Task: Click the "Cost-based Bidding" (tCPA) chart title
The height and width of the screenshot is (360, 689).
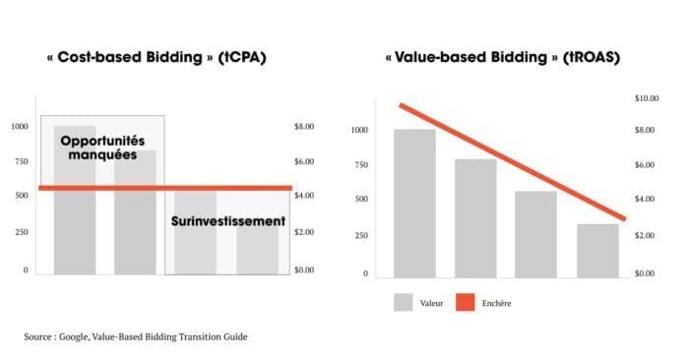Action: pyautogui.click(x=157, y=57)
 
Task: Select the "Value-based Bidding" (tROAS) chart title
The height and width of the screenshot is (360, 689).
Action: pyautogui.click(x=502, y=57)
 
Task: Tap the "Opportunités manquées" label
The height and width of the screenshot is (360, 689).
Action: pyautogui.click(x=102, y=148)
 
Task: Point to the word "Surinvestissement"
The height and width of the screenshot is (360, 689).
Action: pyautogui.click(x=228, y=221)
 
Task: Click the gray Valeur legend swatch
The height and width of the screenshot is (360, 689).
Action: pyautogui.click(x=403, y=303)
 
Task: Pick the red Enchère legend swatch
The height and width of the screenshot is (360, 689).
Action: pyautogui.click(x=466, y=303)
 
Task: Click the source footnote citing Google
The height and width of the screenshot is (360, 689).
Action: pyautogui.click(x=136, y=336)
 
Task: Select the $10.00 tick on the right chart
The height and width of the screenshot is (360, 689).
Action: pyautogui.click(x=647, y=98)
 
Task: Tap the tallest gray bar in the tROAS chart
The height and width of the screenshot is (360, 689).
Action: pyautogui.click(x=414, y=204)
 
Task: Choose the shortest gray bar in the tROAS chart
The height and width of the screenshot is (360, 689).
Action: pyautogui.click(x=597, y=251)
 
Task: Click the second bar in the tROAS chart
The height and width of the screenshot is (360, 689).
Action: pyautogui.click(x=475, y=218)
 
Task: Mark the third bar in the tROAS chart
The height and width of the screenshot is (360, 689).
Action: pyautogui.click(x=535, y=234)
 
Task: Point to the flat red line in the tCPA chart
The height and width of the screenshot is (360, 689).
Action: pyautogui.click(x=165, y=188)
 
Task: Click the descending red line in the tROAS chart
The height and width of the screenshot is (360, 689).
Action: pyautogui.click(x=513, y=162)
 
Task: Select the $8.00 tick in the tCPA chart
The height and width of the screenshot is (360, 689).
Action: pyautogui.click(x=304, y=127)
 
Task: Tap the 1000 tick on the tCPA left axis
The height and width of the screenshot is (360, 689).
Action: pyautogui.click(x=20, y=127)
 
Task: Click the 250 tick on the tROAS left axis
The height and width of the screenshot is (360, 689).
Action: pyautogui.click(x=361, y=235)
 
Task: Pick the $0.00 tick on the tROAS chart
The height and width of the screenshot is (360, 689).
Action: pyautogui.click(x=645, y=273)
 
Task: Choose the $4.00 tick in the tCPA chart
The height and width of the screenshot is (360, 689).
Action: pyautogui.click(x=304, y=195)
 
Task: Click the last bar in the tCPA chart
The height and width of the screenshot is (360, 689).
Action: pyautogui.click(x=257, y=250)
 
